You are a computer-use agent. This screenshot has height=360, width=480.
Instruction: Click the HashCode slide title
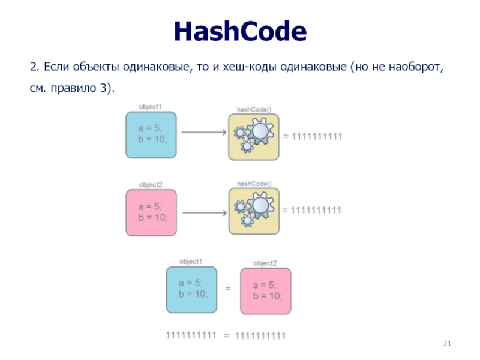pyautogui.click(x=240, y=31)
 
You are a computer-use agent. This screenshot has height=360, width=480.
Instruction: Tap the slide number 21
pyautogui.click(x=446, y=343)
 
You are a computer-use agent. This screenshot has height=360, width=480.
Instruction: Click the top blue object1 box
pyautogui.click(x=151, y=134)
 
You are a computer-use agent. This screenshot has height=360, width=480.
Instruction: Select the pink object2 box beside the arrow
pyautogui.click(x=151, y=212)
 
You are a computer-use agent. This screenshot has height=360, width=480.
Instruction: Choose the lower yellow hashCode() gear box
pyautogui.click(x=254, y=212)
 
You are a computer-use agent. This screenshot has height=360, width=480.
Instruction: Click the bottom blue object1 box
pyautogui.click(x=191, y=290)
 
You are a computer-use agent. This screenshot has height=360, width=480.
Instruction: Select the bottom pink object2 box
pyautogui.click(x=265, y=292)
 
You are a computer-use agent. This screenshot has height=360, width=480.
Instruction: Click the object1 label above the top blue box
pyautogui.click(x=150, y=106)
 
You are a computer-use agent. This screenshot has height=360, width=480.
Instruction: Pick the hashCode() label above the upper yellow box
pyautogui.click(x=254, y=109)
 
